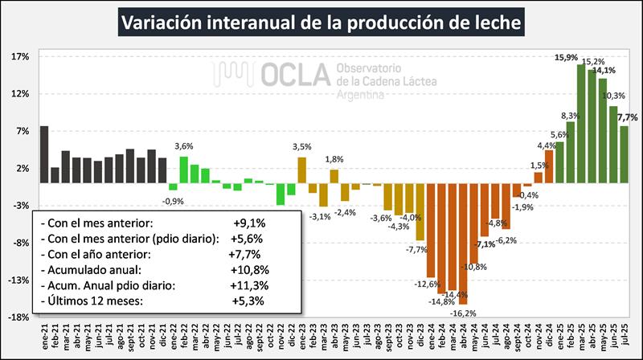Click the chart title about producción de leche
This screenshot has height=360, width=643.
321,21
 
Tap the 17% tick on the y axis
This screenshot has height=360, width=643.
21,56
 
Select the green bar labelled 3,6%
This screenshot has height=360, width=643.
183,170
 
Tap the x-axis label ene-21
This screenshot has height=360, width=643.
44,336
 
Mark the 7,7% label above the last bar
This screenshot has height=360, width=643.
627,117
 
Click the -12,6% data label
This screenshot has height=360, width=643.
427,284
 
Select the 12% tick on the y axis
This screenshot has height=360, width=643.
21,93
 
